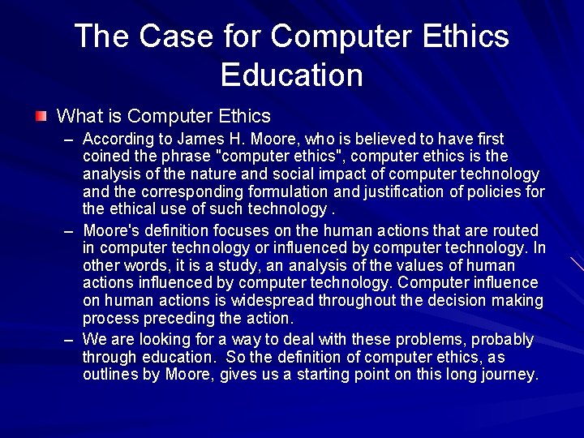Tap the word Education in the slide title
(291, 75)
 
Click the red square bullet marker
(41, 117)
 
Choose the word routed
(515, 230)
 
